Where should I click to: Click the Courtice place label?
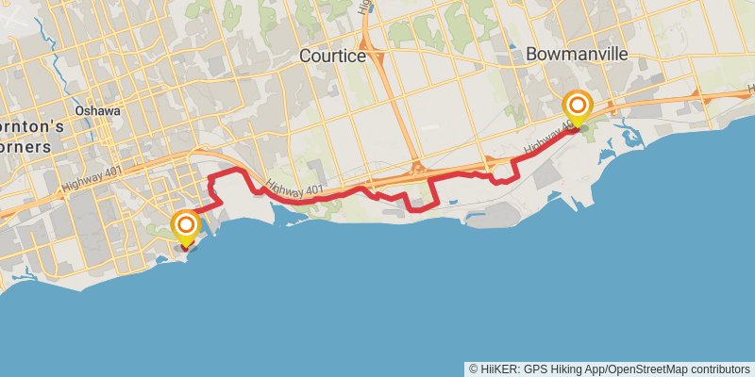331,57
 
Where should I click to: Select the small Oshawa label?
98,110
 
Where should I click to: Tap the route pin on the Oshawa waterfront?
187,226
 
